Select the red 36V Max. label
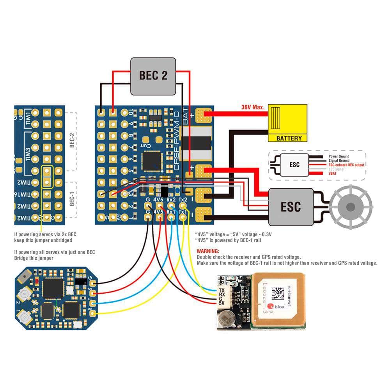253,107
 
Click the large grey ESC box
291,207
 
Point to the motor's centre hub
350,207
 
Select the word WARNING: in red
208,252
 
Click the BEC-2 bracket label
72,142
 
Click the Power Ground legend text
339,156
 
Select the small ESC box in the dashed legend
294,165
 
